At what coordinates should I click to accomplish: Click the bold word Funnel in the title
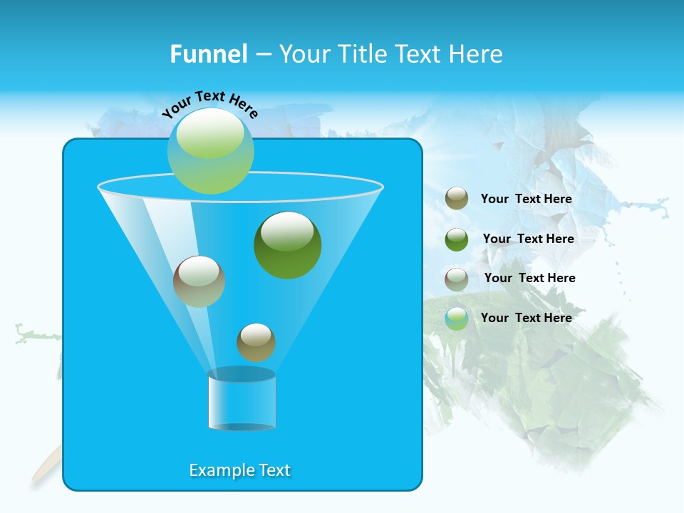tap(208, 54)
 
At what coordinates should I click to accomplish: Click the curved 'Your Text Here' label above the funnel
tap(210, 104)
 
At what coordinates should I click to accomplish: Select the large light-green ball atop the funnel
tap(210, 151)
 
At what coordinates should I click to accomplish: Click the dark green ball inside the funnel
tap(288, 246)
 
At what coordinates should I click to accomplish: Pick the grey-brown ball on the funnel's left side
tap(199, 281)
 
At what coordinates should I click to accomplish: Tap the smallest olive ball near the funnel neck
tap(256, 343)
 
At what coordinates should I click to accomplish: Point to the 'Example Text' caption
tap(240, 470)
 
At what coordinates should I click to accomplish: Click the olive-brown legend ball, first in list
tap(457, 199)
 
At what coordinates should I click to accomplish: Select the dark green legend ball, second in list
tap(457, 239)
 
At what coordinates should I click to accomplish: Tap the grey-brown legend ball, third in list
tap(457, 279)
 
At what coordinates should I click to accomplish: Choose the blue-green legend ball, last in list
tap(457, 318)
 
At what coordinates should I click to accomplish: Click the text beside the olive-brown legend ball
tap(526, 199)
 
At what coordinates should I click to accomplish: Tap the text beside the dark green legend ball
tap(528, 239)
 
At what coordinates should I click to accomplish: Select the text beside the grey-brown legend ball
tap(529, 279)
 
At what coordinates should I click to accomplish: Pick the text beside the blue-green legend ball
tap(526, 318)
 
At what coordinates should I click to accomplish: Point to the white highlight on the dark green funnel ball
tap(287, 232)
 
